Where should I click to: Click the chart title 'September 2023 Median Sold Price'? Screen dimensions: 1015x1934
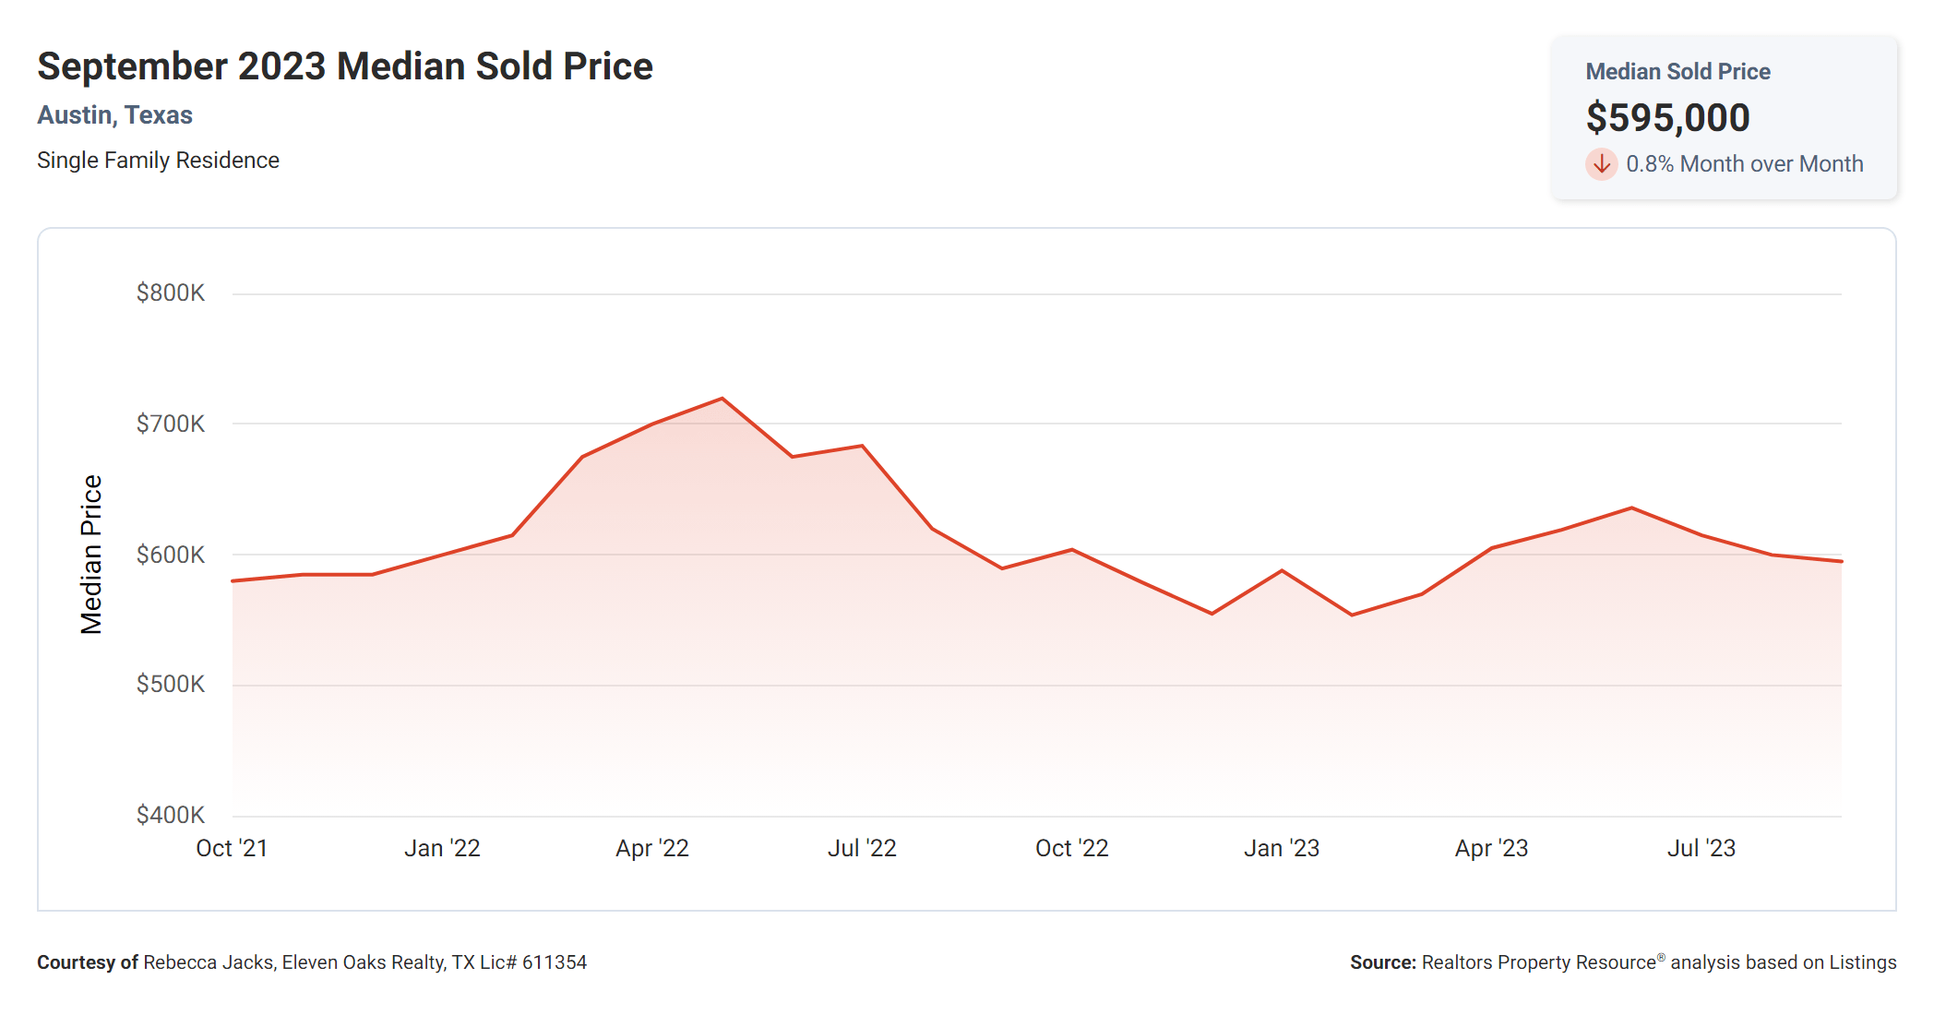point(344,66)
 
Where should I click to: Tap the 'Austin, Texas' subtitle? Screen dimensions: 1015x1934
point(114,115)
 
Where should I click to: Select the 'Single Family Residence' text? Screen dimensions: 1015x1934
point(158,161)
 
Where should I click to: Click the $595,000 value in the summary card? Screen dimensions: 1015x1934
point(1667,118)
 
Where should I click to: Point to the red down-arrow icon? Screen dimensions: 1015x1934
point(1601,164)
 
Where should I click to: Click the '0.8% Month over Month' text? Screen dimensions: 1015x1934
point(1744,164)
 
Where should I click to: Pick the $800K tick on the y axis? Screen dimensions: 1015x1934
point(171,293)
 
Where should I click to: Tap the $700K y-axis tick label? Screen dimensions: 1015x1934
point(171,424)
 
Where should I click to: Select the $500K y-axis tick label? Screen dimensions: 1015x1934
point(171,685)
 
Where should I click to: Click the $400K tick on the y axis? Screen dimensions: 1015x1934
point(171,816)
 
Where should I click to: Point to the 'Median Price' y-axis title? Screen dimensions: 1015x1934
point(90,555)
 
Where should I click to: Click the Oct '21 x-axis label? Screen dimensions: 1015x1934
point(232,849)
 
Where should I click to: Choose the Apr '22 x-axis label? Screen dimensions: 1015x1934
point(652,849)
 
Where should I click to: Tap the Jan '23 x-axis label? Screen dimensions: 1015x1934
point(1282,849)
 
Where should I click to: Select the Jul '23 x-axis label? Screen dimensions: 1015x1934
point(1701,849)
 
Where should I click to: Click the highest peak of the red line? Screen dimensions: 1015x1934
point(722,399)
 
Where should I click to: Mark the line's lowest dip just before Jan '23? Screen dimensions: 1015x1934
point(1212,614)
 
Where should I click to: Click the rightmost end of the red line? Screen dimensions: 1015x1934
point(1841,561)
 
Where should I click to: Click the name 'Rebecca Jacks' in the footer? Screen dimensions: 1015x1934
point(209,962)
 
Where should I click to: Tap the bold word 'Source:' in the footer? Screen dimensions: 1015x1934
point(1382,962)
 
